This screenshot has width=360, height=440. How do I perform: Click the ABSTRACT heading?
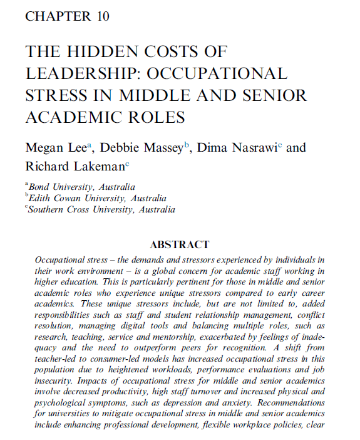180,244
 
